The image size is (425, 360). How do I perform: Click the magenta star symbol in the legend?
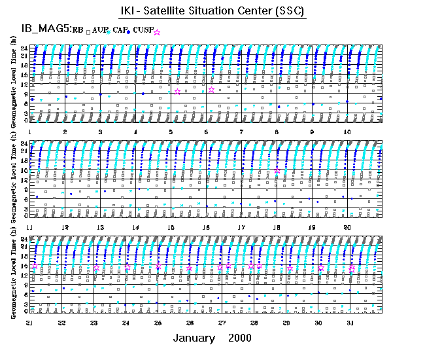tap(156, 31)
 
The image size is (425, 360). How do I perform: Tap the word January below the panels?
tap(194, 338)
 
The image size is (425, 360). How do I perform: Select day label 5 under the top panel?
tap(171, 132)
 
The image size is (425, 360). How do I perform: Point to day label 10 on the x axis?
tap(348, 132)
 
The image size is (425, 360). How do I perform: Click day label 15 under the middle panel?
tap(171, 227)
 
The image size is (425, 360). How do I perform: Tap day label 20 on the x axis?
tap(348, 227)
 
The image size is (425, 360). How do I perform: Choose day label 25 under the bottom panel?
tap(158, 323)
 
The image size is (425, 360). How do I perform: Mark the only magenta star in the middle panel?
tap(277, 170)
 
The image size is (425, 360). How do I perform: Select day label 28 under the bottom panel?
tap(254, 323)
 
